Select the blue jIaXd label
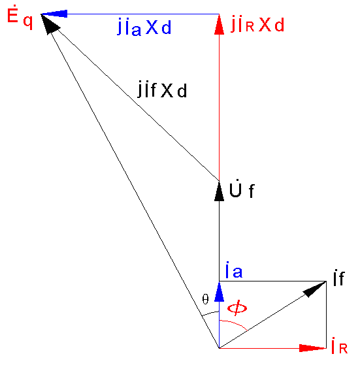144,28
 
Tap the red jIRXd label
258,24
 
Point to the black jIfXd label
163,89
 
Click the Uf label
242,189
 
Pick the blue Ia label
234,270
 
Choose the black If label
339,278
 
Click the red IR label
339,345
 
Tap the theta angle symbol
206,300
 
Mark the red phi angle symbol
237,308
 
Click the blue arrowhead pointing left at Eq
54,14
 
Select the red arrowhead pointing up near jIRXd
220,24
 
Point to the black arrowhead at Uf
220,191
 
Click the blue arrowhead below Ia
220,292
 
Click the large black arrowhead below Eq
50,24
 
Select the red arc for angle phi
235,323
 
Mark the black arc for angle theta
210,313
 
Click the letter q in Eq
28,22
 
